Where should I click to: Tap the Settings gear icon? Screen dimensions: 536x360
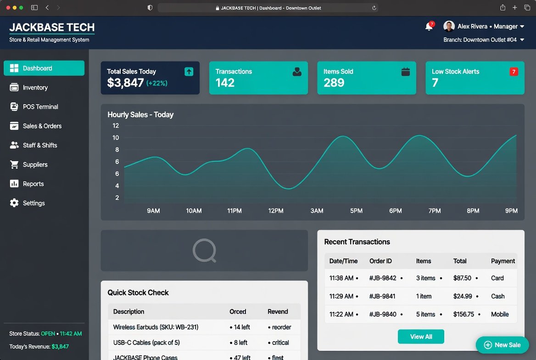pos(14,203)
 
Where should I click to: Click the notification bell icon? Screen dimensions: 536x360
pos(429,26)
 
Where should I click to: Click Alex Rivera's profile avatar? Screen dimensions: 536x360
pos(449,26)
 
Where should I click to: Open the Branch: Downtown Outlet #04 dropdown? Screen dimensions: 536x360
pos(484,39)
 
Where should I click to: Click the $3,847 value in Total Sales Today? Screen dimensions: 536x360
pos(125,83)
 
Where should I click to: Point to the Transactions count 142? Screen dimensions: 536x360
pos(225,83)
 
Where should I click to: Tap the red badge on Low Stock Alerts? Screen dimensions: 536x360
pos(514,72)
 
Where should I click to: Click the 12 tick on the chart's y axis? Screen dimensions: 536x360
pos(116,126)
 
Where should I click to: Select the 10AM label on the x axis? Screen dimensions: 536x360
pos(194,211)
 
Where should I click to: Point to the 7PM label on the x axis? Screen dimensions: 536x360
pos(435,211)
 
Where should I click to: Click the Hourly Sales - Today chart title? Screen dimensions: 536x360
pos(140,115)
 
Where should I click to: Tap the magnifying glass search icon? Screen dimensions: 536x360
pos(204,251)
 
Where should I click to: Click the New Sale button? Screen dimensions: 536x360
pos(502,345)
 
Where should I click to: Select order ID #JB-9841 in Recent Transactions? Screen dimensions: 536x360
pos(382,296)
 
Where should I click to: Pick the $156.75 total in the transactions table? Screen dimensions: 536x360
pos(463,314)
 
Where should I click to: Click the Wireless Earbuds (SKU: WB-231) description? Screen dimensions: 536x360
pos(156,327)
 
